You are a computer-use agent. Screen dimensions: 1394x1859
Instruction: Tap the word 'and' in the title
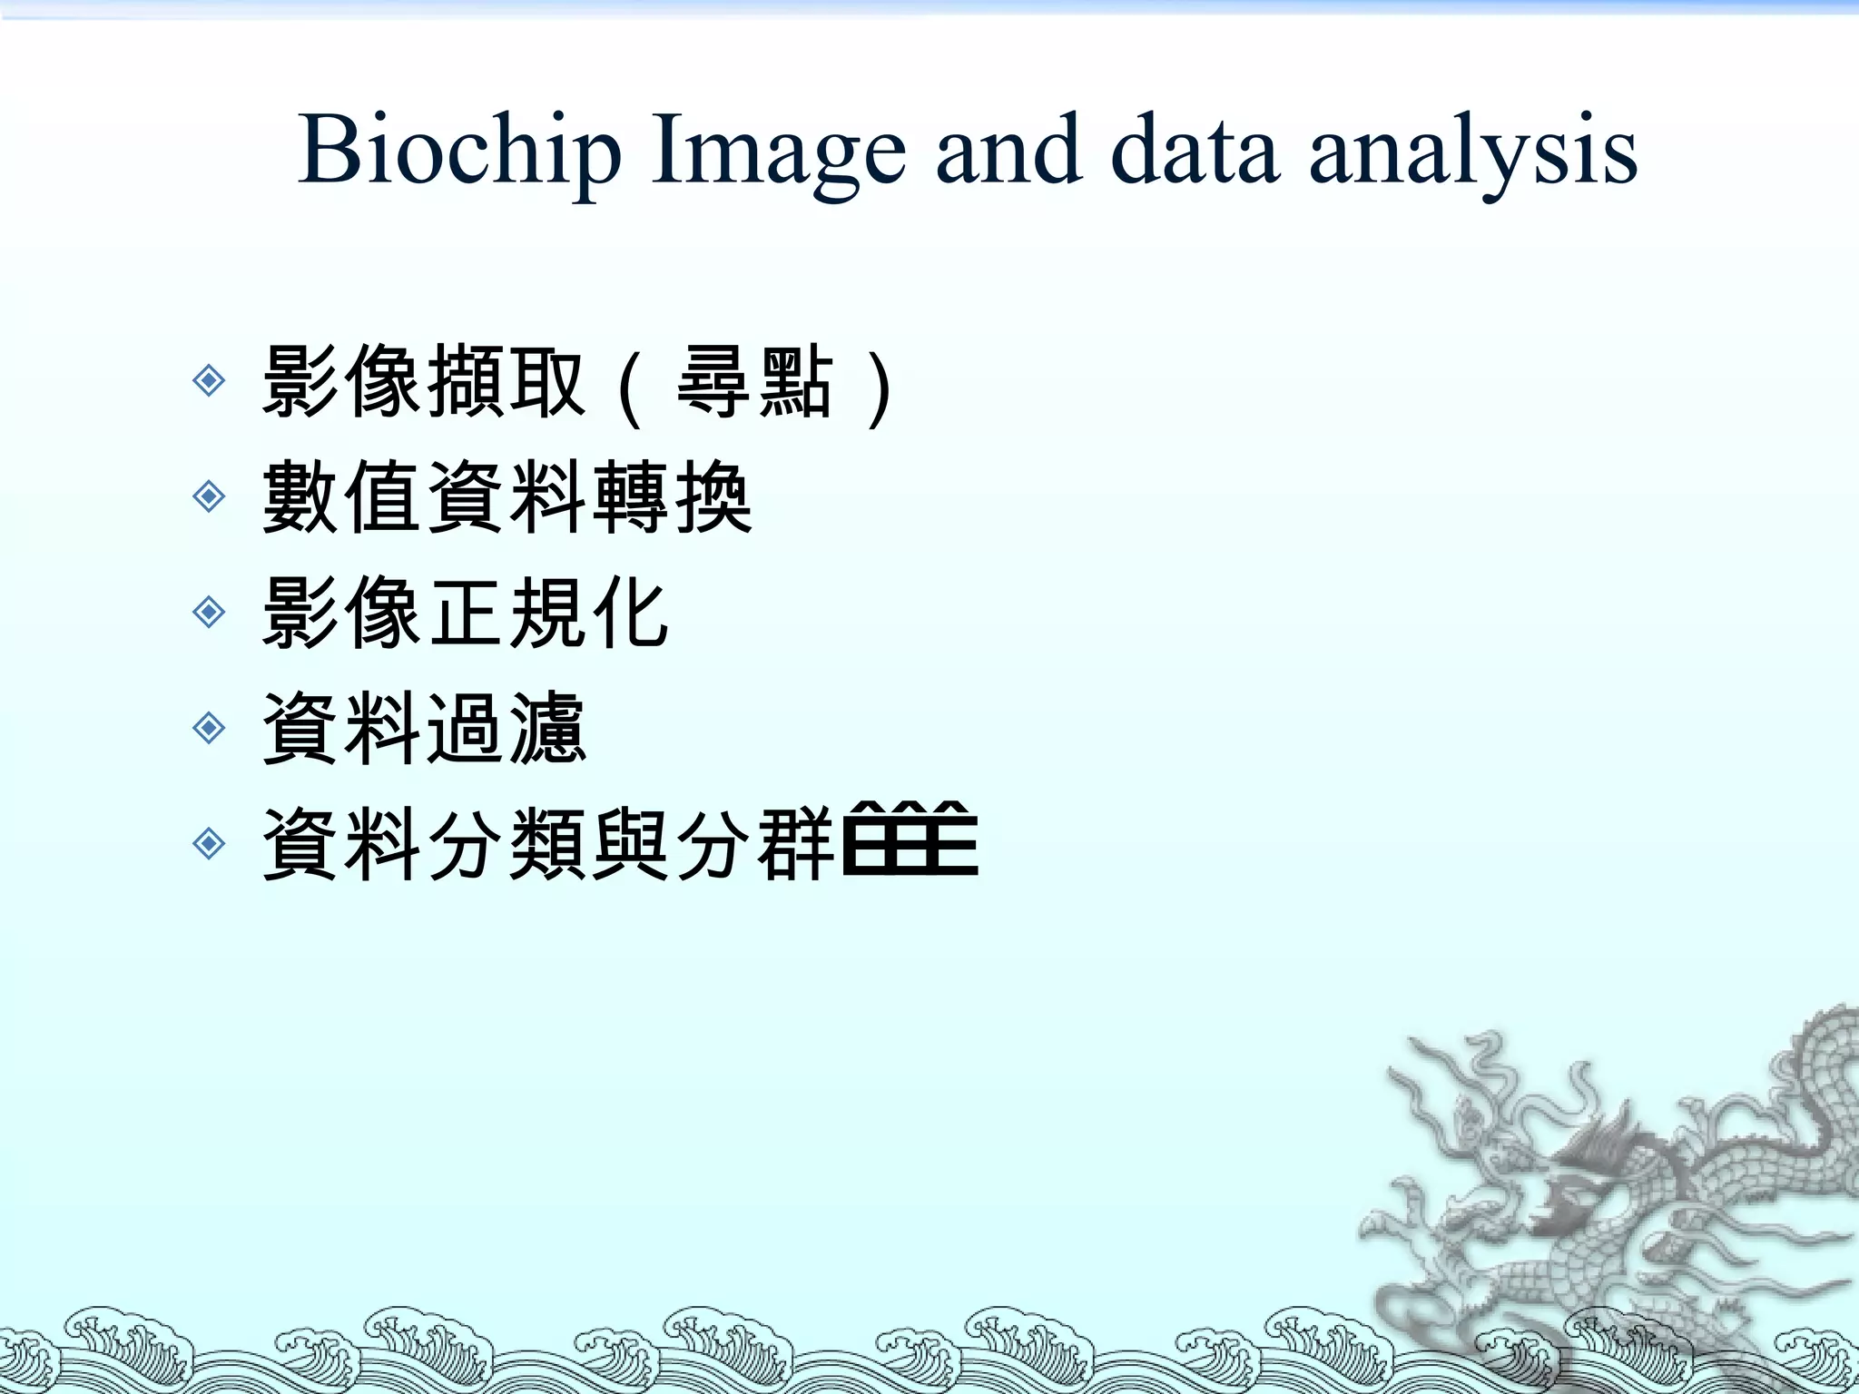(1008, 150)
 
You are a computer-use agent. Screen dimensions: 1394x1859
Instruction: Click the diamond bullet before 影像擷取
(210, 380)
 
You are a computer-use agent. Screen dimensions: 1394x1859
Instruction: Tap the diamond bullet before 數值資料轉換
(210, 496)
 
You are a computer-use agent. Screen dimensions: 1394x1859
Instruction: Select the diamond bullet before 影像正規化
(210, 613)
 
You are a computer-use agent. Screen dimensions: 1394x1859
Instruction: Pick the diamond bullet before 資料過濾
(210, 728)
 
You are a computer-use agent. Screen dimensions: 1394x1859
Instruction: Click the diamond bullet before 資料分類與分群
(210, 844)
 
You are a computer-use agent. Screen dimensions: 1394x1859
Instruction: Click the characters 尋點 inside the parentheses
(754, 381)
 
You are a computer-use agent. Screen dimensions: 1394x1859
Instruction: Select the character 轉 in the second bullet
(630, 497)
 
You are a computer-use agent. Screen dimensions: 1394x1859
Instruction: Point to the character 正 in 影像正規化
(465, 614)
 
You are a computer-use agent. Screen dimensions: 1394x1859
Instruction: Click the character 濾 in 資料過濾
(547, 729)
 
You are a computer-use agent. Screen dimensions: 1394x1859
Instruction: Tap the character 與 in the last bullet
(630, 845)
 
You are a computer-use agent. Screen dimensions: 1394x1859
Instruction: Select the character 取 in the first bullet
(547, 381)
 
